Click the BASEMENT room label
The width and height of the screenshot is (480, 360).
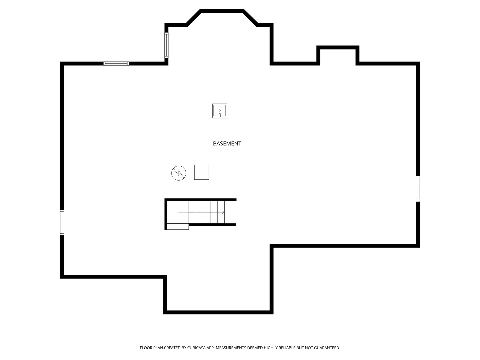pyautogui.click(x=227, y=144)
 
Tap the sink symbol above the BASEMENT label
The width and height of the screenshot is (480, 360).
pyautogui.click(x=220, y=111)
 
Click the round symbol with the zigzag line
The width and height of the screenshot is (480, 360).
pyautogui.click(x=179, y=173)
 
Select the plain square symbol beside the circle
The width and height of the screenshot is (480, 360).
pyautogui.click(x=202, y=172)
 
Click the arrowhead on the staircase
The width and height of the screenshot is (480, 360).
pyautogui.click(x=223, y=212)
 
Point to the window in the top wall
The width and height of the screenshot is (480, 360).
pyautogui.click(x=116, y=64)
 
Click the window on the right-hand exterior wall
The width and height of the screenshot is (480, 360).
pyautogui.click(x=418, y=189)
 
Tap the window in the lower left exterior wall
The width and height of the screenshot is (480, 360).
pyautogui.click(x=62, y=223)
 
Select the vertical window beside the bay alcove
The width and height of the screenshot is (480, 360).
pyautogui.click(x=166, y=45)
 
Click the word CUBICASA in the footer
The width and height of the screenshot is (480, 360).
pyautogui.click(x=197, y=348)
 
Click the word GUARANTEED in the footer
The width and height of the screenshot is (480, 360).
pyautogui.click(x=327, y=348)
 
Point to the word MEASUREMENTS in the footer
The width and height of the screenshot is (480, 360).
pyautogui.click(x=231, y=348)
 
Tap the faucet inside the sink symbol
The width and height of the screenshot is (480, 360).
pyautogui.click(x=220, y=115)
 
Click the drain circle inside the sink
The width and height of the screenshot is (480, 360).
pyautogui.click(x=220, y=110)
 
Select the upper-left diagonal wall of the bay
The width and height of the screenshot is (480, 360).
pyautogui.click(x=194, y=18)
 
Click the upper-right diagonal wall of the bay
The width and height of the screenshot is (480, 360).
pyautogui.click(x=250, y=18)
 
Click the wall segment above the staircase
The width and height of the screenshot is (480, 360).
pyautogui.click(x=201, y=200)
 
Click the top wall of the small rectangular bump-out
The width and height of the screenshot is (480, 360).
pyautogui.click(x=338, y=47)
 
